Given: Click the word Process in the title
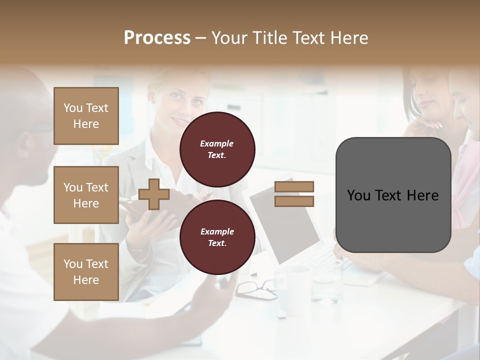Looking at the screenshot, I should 157,38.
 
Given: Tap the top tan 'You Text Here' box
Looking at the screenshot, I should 86,116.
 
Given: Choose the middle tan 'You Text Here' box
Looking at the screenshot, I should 86,195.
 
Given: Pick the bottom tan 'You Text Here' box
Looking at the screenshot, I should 86,272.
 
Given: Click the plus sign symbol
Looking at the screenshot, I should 154,194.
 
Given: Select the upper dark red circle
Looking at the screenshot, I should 217,149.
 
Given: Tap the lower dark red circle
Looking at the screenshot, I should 217,237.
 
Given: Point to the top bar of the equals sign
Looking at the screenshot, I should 294,186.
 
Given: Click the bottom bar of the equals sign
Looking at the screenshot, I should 294,201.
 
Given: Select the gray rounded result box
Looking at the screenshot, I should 393,195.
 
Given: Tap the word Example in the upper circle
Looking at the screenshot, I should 217,143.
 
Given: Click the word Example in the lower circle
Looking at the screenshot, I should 217,231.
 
